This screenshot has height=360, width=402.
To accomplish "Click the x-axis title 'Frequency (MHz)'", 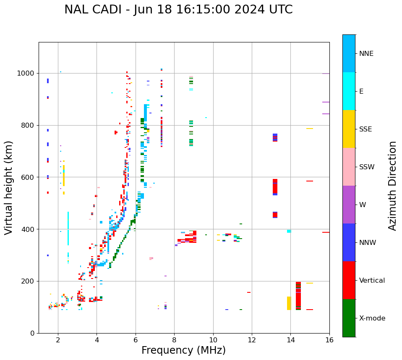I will [183, 350].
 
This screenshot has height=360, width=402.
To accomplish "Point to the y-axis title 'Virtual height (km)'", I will [9, 187].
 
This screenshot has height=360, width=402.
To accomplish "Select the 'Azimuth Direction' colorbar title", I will [392, 186].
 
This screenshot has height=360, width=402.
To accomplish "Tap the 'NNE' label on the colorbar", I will [366, 54].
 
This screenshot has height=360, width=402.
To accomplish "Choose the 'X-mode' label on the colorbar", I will [372, 318].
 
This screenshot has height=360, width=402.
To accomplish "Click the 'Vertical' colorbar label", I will [372, 281].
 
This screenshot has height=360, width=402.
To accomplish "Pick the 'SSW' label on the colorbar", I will [367, 167].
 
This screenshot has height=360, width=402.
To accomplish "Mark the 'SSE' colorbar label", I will [365, 129].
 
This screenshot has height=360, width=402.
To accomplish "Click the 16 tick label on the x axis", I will [329, 339].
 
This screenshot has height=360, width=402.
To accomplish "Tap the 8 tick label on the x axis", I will [174, 339].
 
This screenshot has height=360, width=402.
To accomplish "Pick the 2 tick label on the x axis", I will [58, 339].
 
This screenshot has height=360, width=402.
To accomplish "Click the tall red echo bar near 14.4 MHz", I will [298, 296].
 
